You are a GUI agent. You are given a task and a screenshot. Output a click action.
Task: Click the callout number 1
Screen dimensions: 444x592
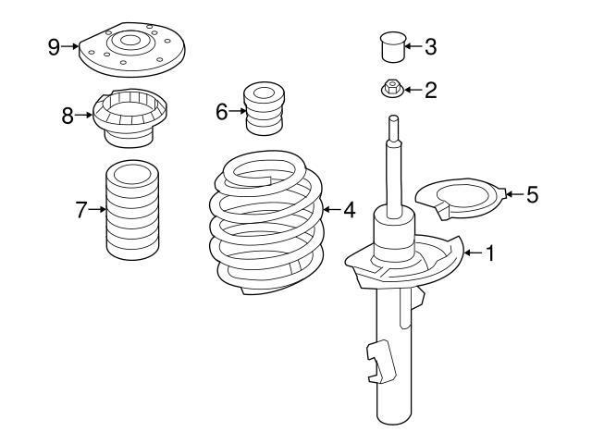click(490, 253)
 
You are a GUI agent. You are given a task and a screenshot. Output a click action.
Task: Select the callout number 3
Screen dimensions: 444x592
click(429, 44)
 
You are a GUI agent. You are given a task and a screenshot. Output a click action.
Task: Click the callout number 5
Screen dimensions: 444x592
click(531, 194)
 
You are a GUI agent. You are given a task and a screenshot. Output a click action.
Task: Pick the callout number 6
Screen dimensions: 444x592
click(221, 112)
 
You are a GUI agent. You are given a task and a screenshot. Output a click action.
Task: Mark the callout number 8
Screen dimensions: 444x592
click(68, 117)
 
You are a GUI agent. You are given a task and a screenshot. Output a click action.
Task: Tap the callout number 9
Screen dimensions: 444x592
click(55, 45)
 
